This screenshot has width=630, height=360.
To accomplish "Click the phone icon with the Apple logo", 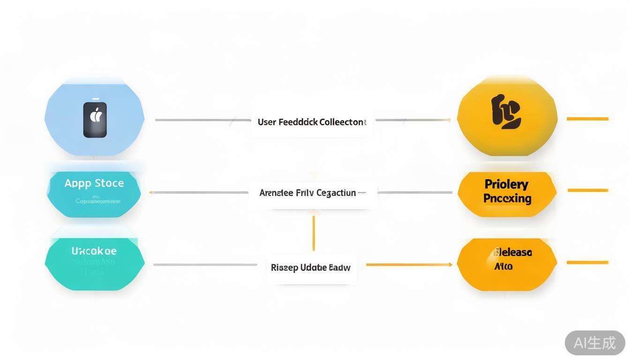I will pyautogui.click(x=95, y=119).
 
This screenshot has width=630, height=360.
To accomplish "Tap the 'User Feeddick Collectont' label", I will pyautogui.click(x=312, y=122).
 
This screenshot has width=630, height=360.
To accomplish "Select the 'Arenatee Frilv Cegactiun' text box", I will pyautogui.click(x=312, y=193).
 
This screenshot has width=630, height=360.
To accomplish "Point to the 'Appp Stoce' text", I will pyautogui.click(x=94, y=183).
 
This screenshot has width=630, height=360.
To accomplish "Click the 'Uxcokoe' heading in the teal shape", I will pyautogui.click(x=94, y=251).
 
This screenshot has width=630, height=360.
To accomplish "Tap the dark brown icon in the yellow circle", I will pyautogui.click(x=506, y=112).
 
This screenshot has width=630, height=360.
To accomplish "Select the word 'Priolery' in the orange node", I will pyautogui.click(x=506, y=184).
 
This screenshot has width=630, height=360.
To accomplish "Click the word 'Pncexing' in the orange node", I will pyautogui.click(x=507, y=198).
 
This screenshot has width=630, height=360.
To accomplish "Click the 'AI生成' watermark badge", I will pyautogui.click(x=595, y=343).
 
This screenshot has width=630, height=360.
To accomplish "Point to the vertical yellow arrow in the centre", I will pyautogui.click(x=314, y=233).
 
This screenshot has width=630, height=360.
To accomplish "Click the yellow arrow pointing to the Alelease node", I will pyautogui.click(x=409, y=265).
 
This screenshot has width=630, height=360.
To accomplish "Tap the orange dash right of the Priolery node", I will pyautogui.click(x=588, y=190).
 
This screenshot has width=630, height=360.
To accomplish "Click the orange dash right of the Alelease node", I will pyautogui.click(x=587, y=262).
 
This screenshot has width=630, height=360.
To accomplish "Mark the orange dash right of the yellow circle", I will pyautogui.click(x=587, y=119).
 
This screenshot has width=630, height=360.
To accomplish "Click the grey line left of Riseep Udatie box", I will pyautogui.click(x=205, y=265).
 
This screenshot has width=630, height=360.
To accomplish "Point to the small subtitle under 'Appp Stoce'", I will pyautogui.click(x=98, y=202).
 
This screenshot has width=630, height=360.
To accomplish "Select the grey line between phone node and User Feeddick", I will pyautogui.click(x=202, y=120).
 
